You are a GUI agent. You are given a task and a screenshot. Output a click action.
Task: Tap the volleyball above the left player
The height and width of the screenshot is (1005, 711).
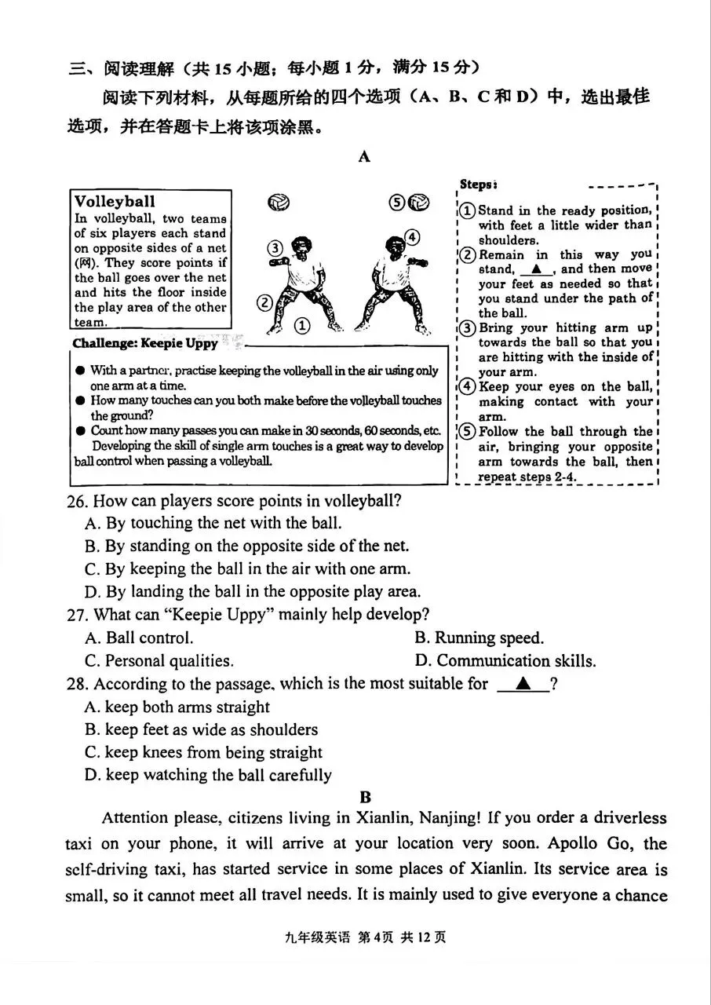pyautogui.click(x=278, y=203)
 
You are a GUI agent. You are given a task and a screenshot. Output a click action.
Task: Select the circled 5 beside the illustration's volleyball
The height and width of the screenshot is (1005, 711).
pyautogui.click(x=397, y=203)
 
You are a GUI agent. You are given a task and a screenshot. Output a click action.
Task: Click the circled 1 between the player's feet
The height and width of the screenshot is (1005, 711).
pyautogui.click(x=302, y=325)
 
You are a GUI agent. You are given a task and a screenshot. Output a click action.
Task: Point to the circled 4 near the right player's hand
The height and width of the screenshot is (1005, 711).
pyautogui.click(x=412, y=238)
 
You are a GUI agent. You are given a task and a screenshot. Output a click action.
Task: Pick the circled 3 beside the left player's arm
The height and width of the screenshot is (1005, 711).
pyautogui.click(x=274, y=249)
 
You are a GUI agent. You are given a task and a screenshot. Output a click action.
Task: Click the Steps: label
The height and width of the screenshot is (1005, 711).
pyautogui.click(x=478, y=185)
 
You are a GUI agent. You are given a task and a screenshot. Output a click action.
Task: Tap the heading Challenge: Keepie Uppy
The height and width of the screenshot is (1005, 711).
pyautogui.click(x=145, y=344)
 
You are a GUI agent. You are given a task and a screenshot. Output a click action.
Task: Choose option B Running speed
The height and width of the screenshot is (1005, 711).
pyautogui.click(x=479, y=638)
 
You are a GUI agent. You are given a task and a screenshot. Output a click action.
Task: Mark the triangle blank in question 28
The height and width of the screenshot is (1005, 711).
pyautogui.click(x=522, y=684)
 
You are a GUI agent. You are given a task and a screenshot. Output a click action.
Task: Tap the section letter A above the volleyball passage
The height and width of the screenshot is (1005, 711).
pyautogui.click(x=364, y=156)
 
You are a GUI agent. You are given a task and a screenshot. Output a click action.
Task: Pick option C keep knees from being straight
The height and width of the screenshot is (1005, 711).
pyautogui.click(x=203, y=752)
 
